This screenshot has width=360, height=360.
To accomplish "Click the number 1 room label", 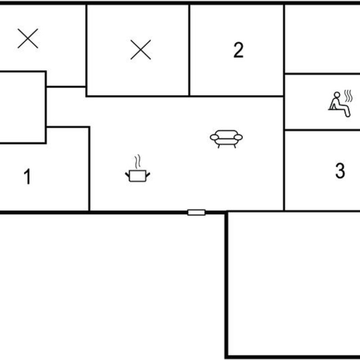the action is (27, 176).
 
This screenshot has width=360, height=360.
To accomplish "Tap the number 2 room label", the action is (238, 50).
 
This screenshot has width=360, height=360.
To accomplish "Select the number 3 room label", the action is (340, 171).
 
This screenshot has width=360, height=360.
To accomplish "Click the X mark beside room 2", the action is (141, 49).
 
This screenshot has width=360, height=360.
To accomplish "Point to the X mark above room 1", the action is (28, 38).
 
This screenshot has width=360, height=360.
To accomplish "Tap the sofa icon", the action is (226, 139).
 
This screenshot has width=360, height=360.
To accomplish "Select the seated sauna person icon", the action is (340, 104).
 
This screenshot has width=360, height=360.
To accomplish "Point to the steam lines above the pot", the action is (138, 162).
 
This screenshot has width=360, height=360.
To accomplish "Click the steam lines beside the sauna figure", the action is (348, 96).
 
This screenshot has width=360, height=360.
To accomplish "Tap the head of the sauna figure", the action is (337, 95).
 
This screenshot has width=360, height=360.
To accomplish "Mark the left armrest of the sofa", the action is (215, 137).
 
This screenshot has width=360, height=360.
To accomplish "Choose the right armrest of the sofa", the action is (238, 137).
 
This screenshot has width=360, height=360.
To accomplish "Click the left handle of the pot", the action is (127, 175).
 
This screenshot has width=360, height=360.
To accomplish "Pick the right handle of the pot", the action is (148, 175).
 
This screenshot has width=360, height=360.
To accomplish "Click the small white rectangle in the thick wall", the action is (196, 212).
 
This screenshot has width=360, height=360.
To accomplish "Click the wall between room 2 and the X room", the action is (189, 50).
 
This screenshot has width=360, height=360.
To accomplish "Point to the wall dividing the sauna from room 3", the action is (322, 130).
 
